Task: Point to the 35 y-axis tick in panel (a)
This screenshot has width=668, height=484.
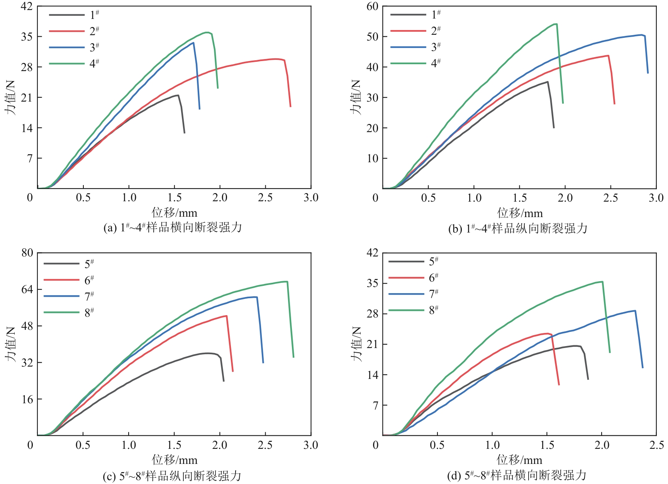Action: (27, 37)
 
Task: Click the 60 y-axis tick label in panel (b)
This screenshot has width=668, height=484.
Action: (372, 7)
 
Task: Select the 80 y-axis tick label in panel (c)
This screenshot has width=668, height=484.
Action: (27, 253)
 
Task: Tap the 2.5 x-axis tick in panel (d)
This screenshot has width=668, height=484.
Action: (656, 445)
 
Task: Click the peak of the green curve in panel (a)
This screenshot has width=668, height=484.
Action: (208, 32)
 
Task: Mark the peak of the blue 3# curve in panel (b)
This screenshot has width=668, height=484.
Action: (642, 35)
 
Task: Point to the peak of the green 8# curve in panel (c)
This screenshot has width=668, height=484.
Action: (286, 282)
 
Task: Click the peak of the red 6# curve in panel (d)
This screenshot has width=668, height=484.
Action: (548, 333)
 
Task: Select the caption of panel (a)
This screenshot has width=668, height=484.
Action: (173, 228)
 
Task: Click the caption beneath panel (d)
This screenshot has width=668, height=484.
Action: (517, 475)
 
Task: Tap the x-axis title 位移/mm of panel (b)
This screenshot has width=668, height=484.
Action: (520, 213)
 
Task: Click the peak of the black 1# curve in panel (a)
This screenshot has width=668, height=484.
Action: (178, 95)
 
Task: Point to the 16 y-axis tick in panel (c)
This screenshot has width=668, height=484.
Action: (27, 399)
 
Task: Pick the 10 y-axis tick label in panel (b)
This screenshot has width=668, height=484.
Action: (372, 158)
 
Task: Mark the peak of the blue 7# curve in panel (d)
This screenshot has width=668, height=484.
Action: (635, 311)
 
